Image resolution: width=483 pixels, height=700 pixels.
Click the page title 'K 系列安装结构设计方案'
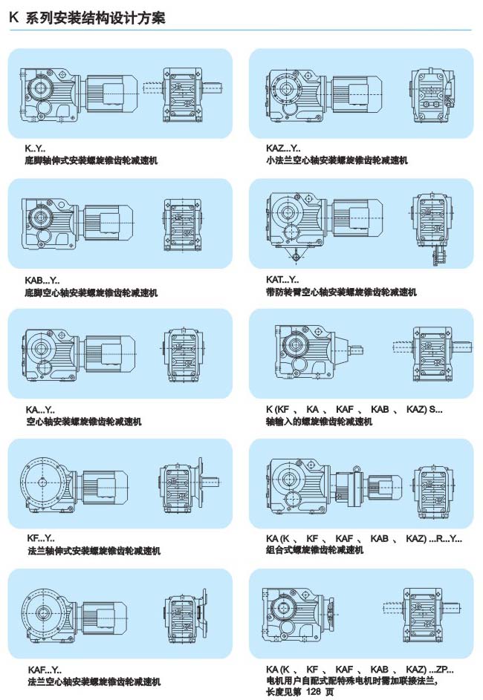point(87,17)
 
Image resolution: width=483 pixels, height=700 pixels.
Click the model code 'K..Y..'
point(35,149)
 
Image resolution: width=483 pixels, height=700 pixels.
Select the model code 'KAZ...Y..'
point(283,148)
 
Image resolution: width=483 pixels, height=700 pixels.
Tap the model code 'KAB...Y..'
point(42,281)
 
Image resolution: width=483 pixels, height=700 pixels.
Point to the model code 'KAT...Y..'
point(282,280)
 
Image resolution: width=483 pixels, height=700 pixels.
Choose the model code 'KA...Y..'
point(40,410)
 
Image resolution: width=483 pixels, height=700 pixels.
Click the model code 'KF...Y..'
point(41,539)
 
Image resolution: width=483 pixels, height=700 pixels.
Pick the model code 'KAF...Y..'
point(45,670)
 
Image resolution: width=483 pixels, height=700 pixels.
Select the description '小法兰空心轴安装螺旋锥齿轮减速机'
point(337,160)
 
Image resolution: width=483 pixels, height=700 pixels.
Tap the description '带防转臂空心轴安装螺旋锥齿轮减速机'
point(341,292)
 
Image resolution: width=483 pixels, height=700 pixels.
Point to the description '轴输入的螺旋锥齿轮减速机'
point(319,422)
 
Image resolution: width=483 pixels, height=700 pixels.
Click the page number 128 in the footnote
point(314,692)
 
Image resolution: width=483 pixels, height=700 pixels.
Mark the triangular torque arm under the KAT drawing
point(295,255)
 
